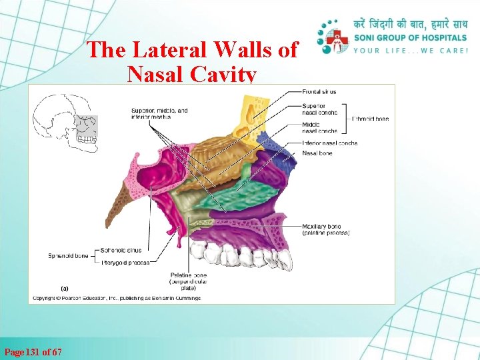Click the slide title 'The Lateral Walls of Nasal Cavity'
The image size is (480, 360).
coord(192,61)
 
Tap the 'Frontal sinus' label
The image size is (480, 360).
coord(319,92)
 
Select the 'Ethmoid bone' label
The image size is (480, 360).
coord(370,119)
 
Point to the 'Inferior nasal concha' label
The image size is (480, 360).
coord(329,143)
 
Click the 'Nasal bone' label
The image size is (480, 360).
coord(317,153)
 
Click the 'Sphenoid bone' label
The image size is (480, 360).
coord(67,255)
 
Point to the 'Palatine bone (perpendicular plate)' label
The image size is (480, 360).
coord(189,281)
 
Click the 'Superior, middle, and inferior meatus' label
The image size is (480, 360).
coord(159,113)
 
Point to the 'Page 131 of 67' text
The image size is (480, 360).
coord(33,351)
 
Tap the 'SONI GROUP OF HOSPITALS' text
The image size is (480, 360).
coord(411,38)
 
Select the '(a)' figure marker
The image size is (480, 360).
coord(65,289)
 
